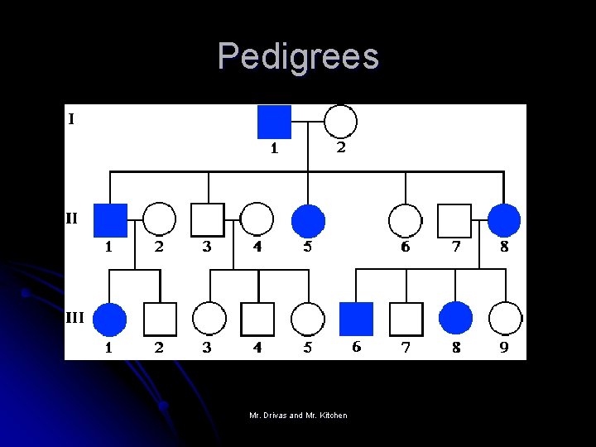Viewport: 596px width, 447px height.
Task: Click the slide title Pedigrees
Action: (298, 56)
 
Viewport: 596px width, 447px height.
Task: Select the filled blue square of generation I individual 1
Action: (274, 122)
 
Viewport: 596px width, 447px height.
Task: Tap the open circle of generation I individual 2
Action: (339, 122)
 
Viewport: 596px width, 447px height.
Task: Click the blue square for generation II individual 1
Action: (110, 220)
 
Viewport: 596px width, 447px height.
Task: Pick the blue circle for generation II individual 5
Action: (308, 220)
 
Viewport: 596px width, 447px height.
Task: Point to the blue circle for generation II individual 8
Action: (504, 220)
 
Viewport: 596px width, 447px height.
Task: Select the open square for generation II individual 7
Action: (454, 220)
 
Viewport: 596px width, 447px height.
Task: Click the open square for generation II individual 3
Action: (208, 220)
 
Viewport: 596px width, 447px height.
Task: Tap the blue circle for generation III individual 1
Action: (110, 319)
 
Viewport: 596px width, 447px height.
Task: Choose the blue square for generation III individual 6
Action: (357, 319)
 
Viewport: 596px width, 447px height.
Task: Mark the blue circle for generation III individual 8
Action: (455, 319)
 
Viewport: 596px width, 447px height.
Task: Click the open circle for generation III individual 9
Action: (505, 319)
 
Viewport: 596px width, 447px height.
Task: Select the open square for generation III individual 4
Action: (257, 319)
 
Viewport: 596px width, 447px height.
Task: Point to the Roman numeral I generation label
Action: (71, 119)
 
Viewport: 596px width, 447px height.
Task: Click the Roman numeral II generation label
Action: (73, 219)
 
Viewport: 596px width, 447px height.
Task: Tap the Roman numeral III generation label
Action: (75, 316)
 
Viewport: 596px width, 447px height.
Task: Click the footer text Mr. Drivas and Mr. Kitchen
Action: (298, 415)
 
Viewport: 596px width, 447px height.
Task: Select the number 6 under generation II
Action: (405, 247)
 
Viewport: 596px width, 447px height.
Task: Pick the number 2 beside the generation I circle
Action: (340, 148)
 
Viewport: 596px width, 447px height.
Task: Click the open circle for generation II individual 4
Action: (257, 220)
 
